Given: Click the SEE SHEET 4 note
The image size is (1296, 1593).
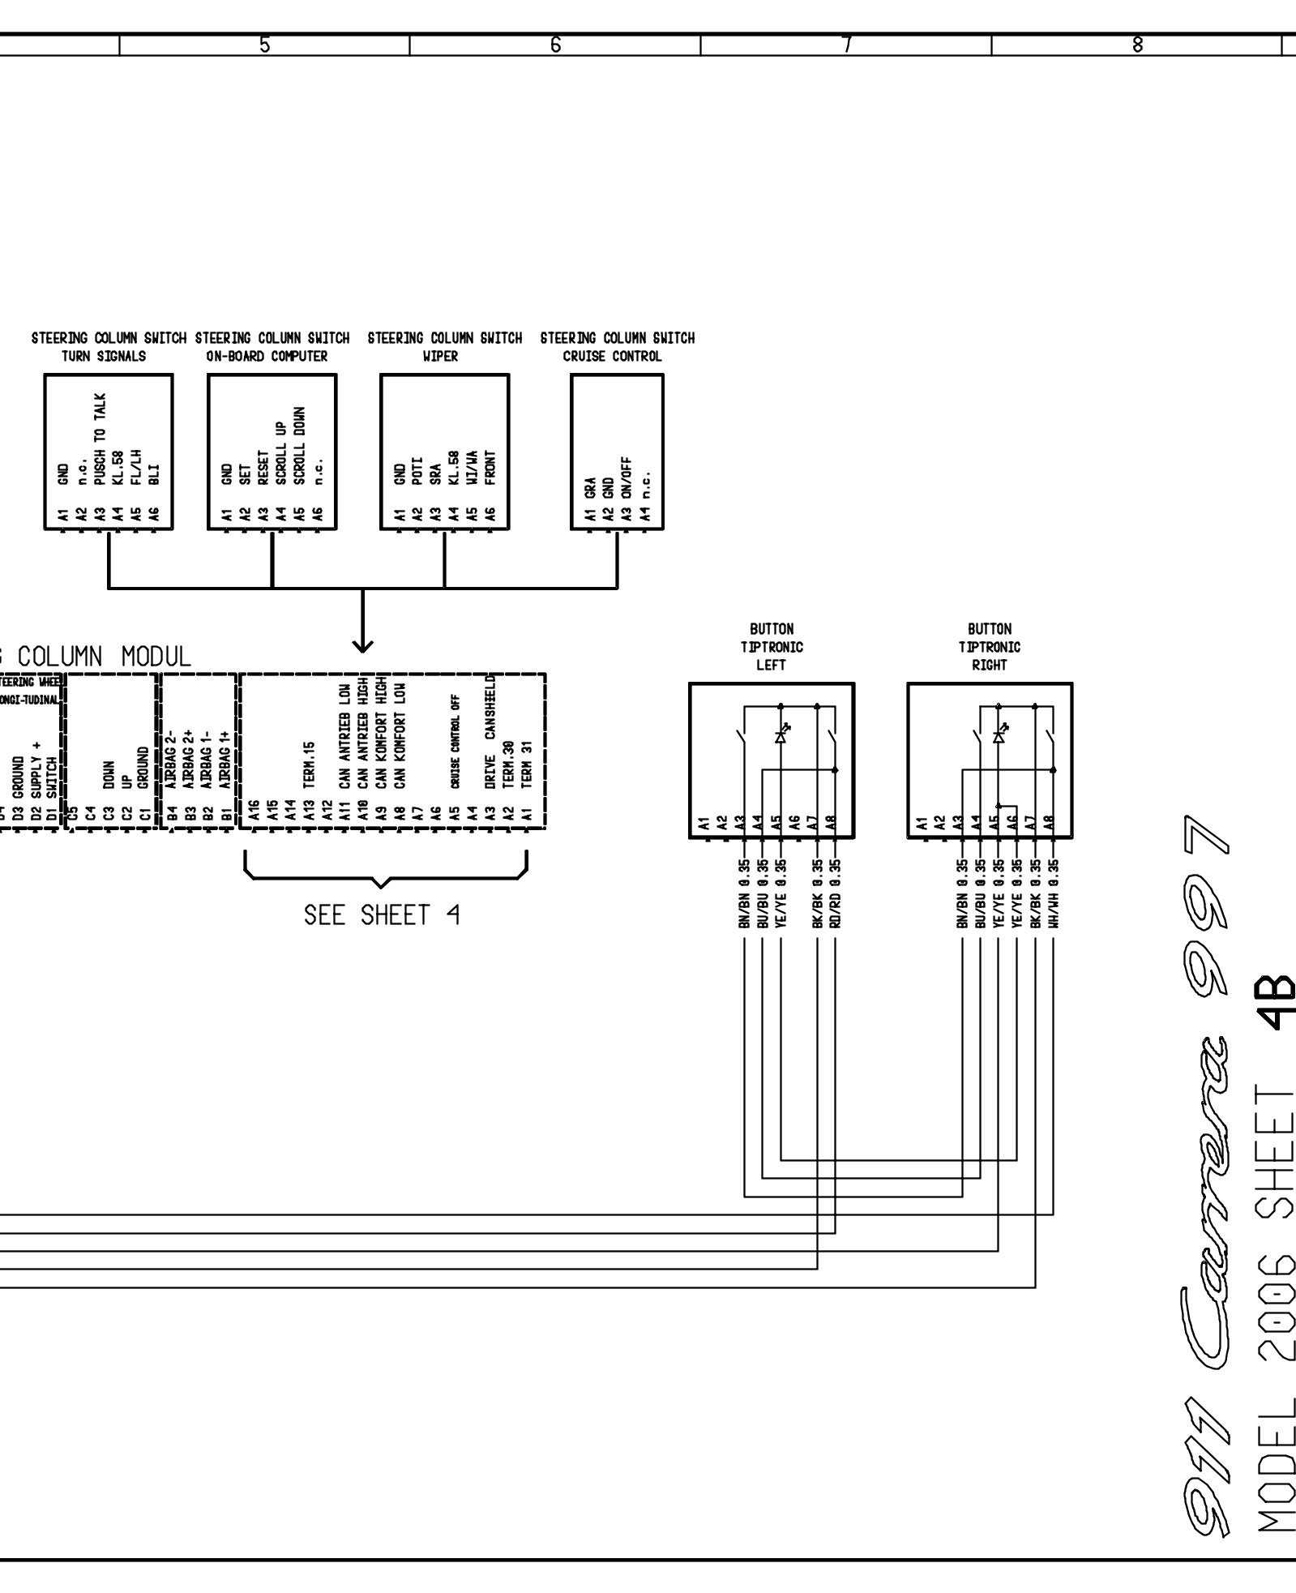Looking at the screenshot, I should tap(382, 915).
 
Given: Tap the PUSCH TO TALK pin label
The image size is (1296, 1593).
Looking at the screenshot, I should tap(100, 439).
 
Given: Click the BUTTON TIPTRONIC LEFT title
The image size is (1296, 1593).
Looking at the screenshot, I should tap(771, 647).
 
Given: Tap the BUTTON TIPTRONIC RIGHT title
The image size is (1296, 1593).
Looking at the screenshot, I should tap(989, 647).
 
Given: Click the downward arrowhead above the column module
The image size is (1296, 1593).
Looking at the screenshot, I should tap(362, 645).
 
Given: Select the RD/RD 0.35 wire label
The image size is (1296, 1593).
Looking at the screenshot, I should tap(836, 893).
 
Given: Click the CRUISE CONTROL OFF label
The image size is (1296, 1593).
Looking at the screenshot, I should tap(455, 740).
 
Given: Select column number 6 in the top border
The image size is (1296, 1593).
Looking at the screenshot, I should tap(555, 45).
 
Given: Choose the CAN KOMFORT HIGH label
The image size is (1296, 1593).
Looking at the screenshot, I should tap(380, 731).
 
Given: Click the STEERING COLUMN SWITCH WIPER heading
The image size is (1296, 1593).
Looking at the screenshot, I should tap(444, 346).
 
